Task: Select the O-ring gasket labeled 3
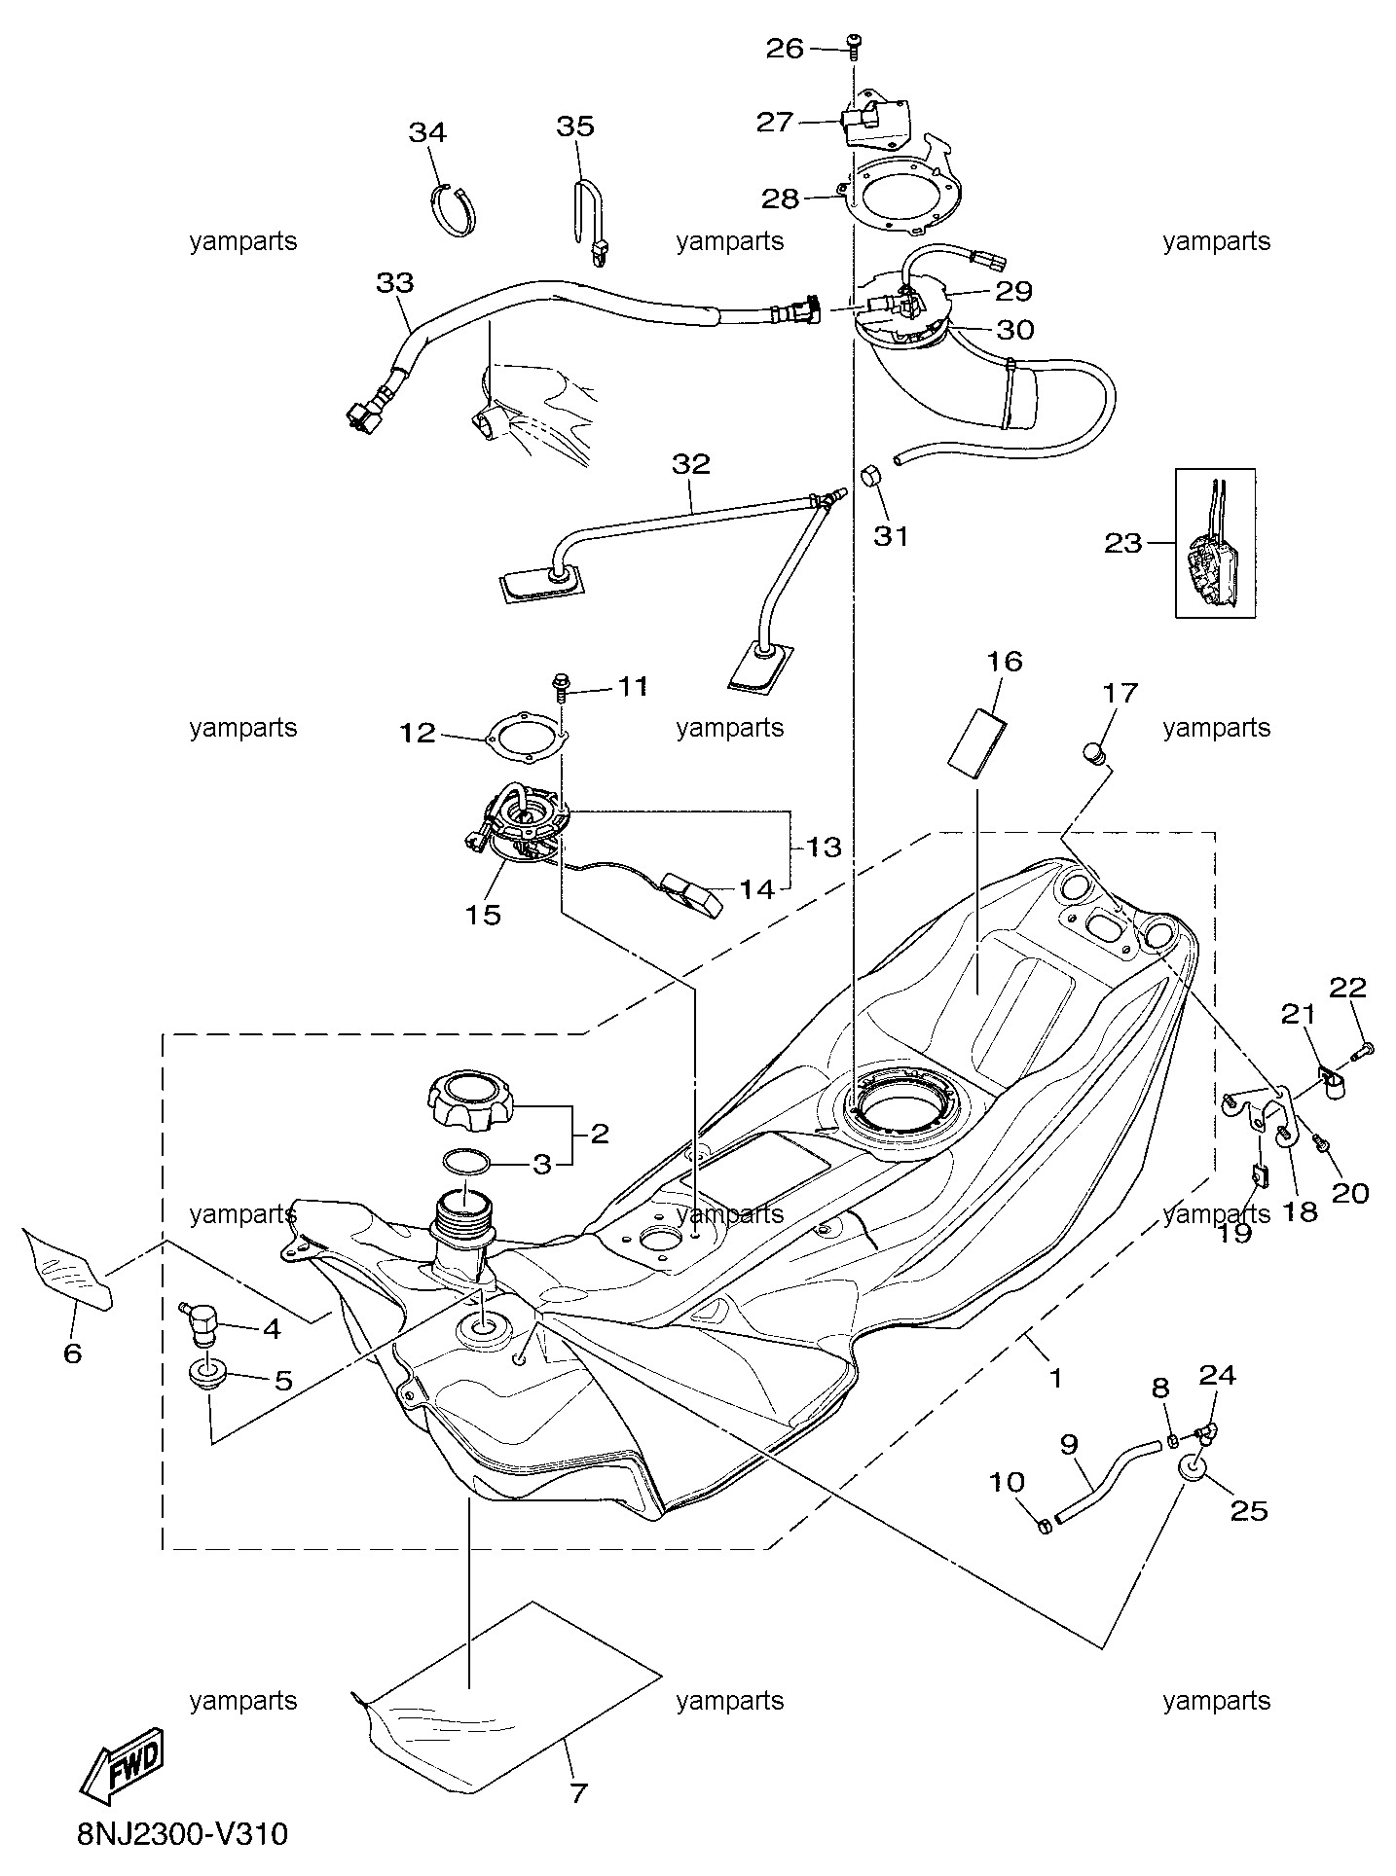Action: coord(466,1161)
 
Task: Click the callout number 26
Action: coord(785,48)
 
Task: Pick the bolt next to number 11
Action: coord(562,687)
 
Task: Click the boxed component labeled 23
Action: coord(1215,543)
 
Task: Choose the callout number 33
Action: coord(395,283)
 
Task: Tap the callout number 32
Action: coord(691,464)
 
